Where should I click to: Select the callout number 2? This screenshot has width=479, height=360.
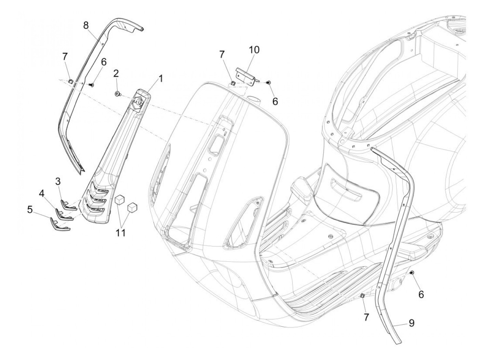[116, 73]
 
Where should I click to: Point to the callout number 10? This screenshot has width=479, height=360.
[254, 50]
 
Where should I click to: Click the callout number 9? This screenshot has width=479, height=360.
[411, 322]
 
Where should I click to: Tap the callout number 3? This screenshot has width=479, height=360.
[58, 181]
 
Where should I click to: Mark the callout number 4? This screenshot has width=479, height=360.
[42, 194]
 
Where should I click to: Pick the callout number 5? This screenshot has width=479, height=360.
[30, 209]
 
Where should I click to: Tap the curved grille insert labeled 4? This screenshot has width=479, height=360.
[64, 216]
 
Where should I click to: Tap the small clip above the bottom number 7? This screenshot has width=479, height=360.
[363, 296]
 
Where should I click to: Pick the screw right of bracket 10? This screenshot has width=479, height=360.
[268, 82]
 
